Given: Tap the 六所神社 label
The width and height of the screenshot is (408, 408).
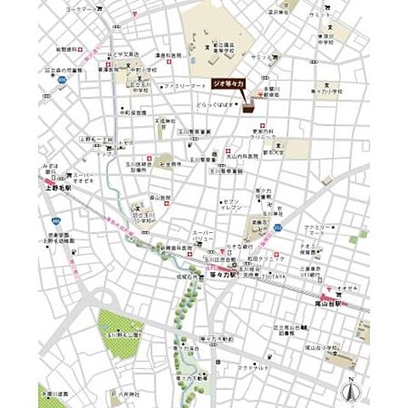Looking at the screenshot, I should coord(131,394).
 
